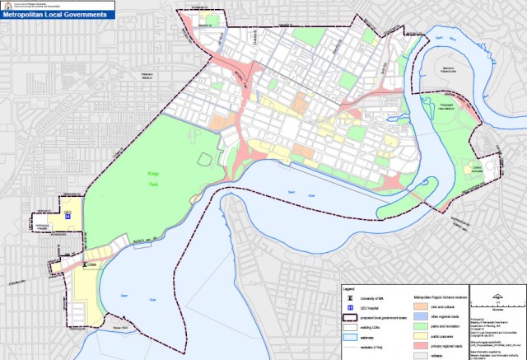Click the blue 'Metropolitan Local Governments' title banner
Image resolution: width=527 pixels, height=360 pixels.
coord(58,15)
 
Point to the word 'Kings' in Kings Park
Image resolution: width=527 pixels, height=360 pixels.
coord(146,171)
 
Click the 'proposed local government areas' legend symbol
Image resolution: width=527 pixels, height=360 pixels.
coord(352,316)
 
